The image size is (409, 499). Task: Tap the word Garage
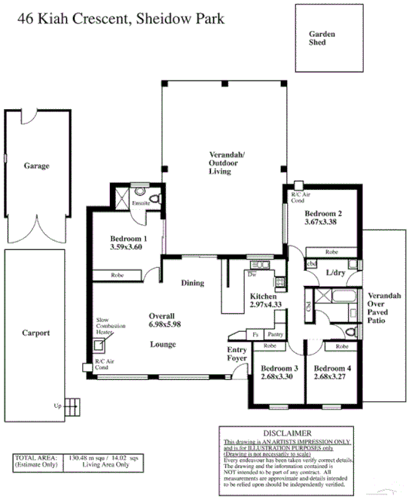(36, 165)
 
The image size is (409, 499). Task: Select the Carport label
(36, 332)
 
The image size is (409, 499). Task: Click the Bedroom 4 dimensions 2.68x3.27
(331, 379)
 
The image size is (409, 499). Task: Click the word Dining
(193, 283)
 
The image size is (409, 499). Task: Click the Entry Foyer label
(237, 354)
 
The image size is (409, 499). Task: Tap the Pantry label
(275, 333)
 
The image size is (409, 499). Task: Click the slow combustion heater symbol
(98, 346)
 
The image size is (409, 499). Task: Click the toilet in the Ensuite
(154, 199)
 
